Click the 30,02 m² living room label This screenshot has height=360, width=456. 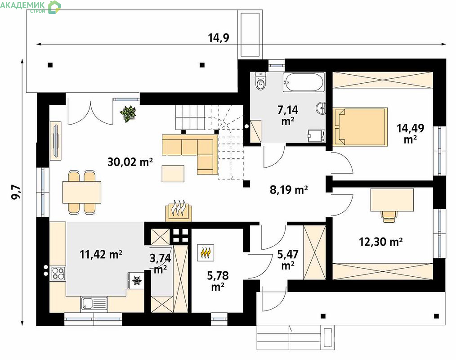pyautogui.click(x=130, y=162)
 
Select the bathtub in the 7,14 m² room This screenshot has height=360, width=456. pyautogui.click(x=303, y=82)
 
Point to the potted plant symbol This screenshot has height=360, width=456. pyautogui.click(x=128, y=114)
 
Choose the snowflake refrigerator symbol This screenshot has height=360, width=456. pyautogui.click(x=136, y=280)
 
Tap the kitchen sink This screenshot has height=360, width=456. pyautogui.click(x=94, y=304)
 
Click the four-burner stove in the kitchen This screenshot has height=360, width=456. pyautogui.click(x=58, y=273)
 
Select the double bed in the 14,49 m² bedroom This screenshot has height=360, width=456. pyautogui.click(x=360, y=126)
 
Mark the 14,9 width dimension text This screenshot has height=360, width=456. pyautogui.click(x=219, y=37)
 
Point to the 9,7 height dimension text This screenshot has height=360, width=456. pyautogui.click(x=16, y=192)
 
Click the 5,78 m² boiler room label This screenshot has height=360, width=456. pyautogui.click(x=218, y=280)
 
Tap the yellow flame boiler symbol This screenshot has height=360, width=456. pyautogui.click(x=206, y=252)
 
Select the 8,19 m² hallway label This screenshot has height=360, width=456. pyautogui.click(x=289, y=190)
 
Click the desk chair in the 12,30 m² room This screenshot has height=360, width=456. pyautogui.click(x=389, y=216)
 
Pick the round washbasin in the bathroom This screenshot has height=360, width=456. pyautogui.click(x=321, y=108)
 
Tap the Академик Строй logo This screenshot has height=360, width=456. pyautogui.click(x=31, y=7)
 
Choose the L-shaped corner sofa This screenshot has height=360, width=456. pyautogui.click(x=190, y=154)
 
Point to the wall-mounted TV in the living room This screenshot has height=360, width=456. pyautogui.click(x=55, y=141)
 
